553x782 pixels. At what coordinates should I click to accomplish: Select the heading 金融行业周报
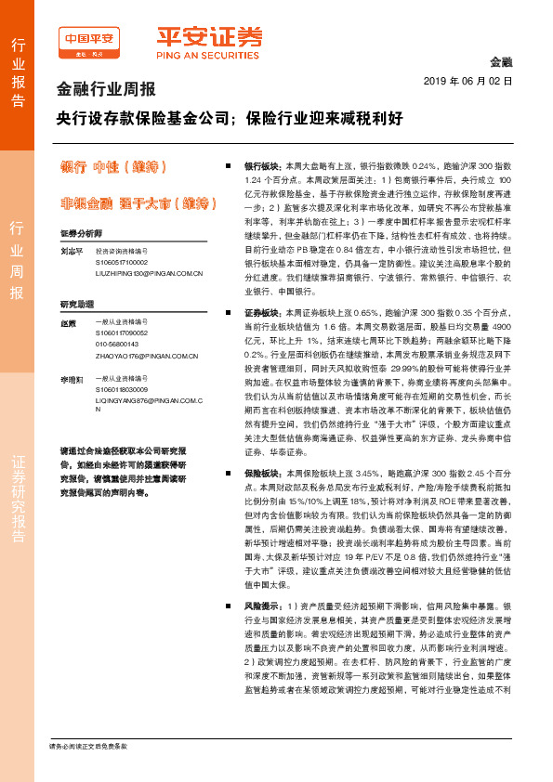[x=107, y=91]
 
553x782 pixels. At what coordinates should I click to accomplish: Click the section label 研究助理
[x=77, y=304]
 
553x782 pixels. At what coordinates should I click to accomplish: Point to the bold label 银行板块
[x=262, y=163]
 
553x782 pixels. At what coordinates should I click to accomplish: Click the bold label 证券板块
[x=262, y=313]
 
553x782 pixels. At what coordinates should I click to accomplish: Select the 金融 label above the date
[x=501, y=62]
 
